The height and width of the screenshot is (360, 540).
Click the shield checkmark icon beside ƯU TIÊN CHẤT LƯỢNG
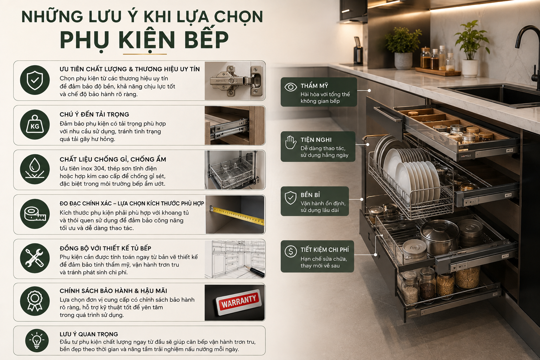click(x=35, y=80)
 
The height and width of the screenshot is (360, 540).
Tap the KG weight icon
click(x=35, y=125)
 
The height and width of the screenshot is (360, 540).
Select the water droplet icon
click(x=35, y=169)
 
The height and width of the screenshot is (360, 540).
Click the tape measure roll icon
click(x=35, y=214)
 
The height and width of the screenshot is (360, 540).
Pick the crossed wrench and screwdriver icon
click(x=35, y=258)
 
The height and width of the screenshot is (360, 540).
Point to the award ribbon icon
click(x=35, y=301)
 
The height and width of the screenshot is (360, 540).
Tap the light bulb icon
click(x=37, y=340)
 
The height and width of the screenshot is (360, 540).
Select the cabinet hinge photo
click(x=235, y=81)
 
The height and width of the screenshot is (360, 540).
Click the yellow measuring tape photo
click(x=235, y=214)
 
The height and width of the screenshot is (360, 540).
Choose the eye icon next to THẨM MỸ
click(x=290, y=87)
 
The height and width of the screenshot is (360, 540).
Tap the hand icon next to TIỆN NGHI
click(x=290, y=142)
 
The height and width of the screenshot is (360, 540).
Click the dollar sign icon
click(x=290, y=251)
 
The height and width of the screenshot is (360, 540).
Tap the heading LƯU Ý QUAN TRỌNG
click(x=89, y=334)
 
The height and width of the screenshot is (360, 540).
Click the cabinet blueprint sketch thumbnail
click(x=235, y=259)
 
